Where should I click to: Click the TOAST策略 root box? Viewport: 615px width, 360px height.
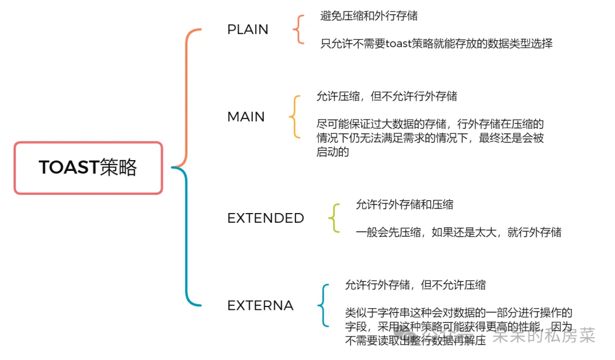click(88, 168)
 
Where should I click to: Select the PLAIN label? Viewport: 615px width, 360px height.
click(248, 30)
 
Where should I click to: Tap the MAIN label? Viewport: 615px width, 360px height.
click(246, 117)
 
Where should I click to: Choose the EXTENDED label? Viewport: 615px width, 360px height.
click(265, 218)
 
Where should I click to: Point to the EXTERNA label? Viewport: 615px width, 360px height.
click(260, 305)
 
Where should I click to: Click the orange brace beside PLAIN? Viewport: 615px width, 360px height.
click(298, 30)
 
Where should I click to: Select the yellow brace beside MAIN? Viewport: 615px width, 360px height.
click(294, 117)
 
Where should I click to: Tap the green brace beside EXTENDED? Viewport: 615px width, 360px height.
click(334, 218)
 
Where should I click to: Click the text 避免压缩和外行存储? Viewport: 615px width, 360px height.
click(369, 16)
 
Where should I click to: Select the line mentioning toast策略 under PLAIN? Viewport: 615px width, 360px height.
click(436, 43)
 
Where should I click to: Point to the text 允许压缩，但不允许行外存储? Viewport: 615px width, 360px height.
click(387, 97)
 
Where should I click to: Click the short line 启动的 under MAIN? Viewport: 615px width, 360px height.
click(333, 152)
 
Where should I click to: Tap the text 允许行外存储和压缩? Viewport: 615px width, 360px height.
click(404, 204)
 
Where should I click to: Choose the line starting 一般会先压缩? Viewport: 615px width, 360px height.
click(458, 232)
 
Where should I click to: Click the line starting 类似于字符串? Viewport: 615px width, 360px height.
click(458, 313)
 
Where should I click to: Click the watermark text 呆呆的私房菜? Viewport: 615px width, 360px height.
click(544, 336)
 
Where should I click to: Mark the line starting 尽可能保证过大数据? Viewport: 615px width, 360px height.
click(430, 124)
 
